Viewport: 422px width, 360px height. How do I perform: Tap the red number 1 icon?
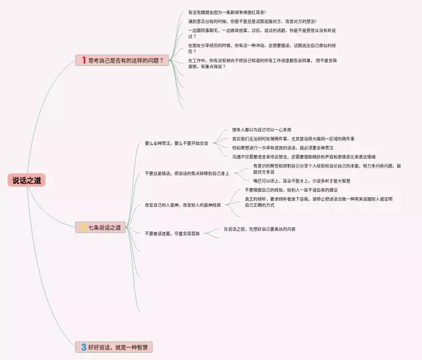pos(84,60)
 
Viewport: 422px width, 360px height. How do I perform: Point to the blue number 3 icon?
pos(84,346)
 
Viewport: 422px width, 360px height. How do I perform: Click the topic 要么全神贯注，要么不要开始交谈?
pos(176,143)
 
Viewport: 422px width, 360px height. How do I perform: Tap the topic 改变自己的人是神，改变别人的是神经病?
pos(183,204)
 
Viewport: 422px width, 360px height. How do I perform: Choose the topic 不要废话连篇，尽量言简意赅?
pos(172,233)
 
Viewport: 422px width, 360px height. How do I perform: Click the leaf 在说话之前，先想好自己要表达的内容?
pos(259,229)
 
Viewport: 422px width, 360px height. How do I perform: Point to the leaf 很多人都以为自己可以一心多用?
pos(261,130)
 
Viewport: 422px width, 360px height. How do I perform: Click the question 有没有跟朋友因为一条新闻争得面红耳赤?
pos(227,13)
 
